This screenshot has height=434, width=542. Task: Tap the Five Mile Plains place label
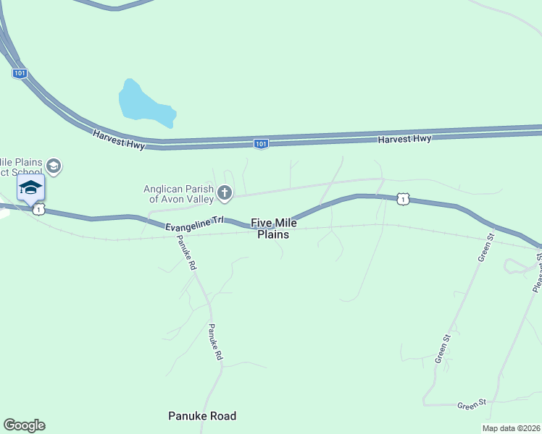274,229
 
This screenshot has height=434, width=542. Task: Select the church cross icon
225,192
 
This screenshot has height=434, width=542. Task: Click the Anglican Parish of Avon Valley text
178,193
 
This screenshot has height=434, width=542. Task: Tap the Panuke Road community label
202,416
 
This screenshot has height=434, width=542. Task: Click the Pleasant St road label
537,273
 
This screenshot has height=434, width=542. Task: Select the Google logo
24,425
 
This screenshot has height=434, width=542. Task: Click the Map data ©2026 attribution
512,428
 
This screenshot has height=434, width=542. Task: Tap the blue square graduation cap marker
31,188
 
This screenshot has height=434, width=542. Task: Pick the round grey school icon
54,167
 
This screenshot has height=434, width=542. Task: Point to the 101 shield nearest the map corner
20,73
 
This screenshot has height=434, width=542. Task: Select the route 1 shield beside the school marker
39,208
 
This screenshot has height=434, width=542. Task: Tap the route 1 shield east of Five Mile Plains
402,198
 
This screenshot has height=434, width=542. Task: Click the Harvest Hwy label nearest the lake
119,139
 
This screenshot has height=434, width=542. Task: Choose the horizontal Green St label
470,404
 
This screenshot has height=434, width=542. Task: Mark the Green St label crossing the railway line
485,247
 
